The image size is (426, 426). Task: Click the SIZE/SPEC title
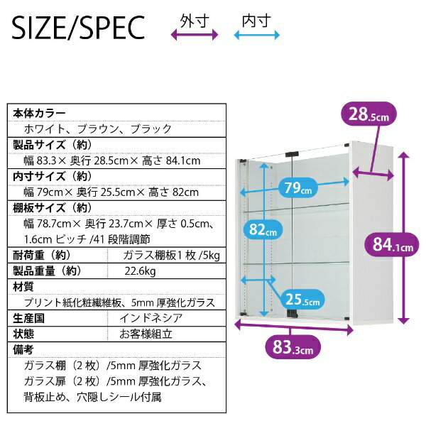78,28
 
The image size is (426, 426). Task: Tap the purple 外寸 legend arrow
195,35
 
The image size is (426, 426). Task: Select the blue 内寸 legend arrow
257,35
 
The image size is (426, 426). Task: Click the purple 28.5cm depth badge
368,114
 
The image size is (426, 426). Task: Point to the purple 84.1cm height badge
392,244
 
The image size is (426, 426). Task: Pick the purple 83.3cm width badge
293,347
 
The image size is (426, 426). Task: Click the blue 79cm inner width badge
298,187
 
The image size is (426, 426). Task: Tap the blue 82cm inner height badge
263,229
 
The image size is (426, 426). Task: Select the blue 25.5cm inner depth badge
302,299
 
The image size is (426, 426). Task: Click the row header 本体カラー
39,114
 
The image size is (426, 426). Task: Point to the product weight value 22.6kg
140,271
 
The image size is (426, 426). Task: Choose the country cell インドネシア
151,318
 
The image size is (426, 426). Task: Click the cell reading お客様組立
146,334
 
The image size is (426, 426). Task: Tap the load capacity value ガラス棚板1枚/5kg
171,256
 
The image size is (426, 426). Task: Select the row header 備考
23,349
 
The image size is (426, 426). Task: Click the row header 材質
23,286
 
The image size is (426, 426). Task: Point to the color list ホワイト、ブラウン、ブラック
98,129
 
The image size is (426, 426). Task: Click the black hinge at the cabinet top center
292,154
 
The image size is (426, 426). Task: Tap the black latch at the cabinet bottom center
293,314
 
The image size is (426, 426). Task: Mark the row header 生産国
28,318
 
